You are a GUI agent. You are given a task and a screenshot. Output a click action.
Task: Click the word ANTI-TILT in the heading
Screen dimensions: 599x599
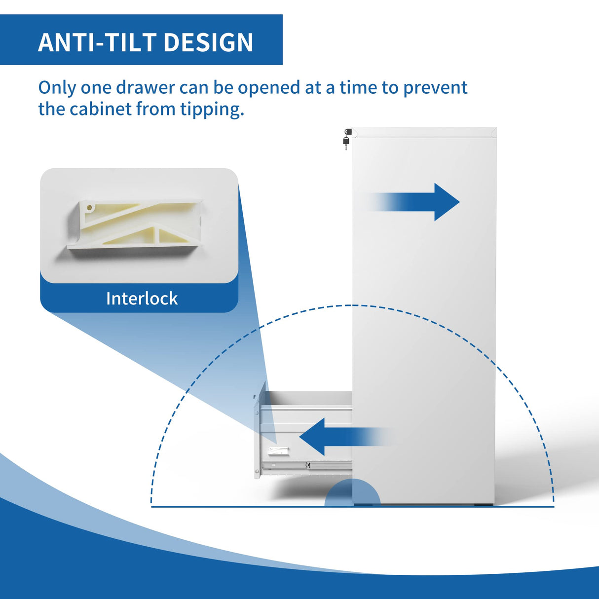[97, 42]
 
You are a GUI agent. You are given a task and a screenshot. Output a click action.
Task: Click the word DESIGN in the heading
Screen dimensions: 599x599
[208, 42]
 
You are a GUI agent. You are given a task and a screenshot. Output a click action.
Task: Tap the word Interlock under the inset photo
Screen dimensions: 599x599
[142, 299]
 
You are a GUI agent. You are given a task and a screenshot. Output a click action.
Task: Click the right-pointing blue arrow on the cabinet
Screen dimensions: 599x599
[411, 202]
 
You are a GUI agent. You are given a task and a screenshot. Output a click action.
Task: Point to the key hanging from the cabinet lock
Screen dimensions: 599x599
[346, 143]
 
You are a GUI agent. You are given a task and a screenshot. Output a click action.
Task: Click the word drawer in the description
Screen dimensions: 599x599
[146, 88]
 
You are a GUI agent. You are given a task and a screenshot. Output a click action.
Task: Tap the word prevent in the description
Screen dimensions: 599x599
[435, 88]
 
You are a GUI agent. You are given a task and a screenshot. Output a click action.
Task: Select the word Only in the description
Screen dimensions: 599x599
[57, 88]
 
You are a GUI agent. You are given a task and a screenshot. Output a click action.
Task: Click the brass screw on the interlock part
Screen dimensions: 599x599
[90, 207]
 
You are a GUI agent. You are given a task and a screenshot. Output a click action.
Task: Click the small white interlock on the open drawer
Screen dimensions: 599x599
[279, 450]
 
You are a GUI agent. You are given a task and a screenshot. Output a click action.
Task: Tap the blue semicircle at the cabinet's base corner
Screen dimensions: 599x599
[352, 493]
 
